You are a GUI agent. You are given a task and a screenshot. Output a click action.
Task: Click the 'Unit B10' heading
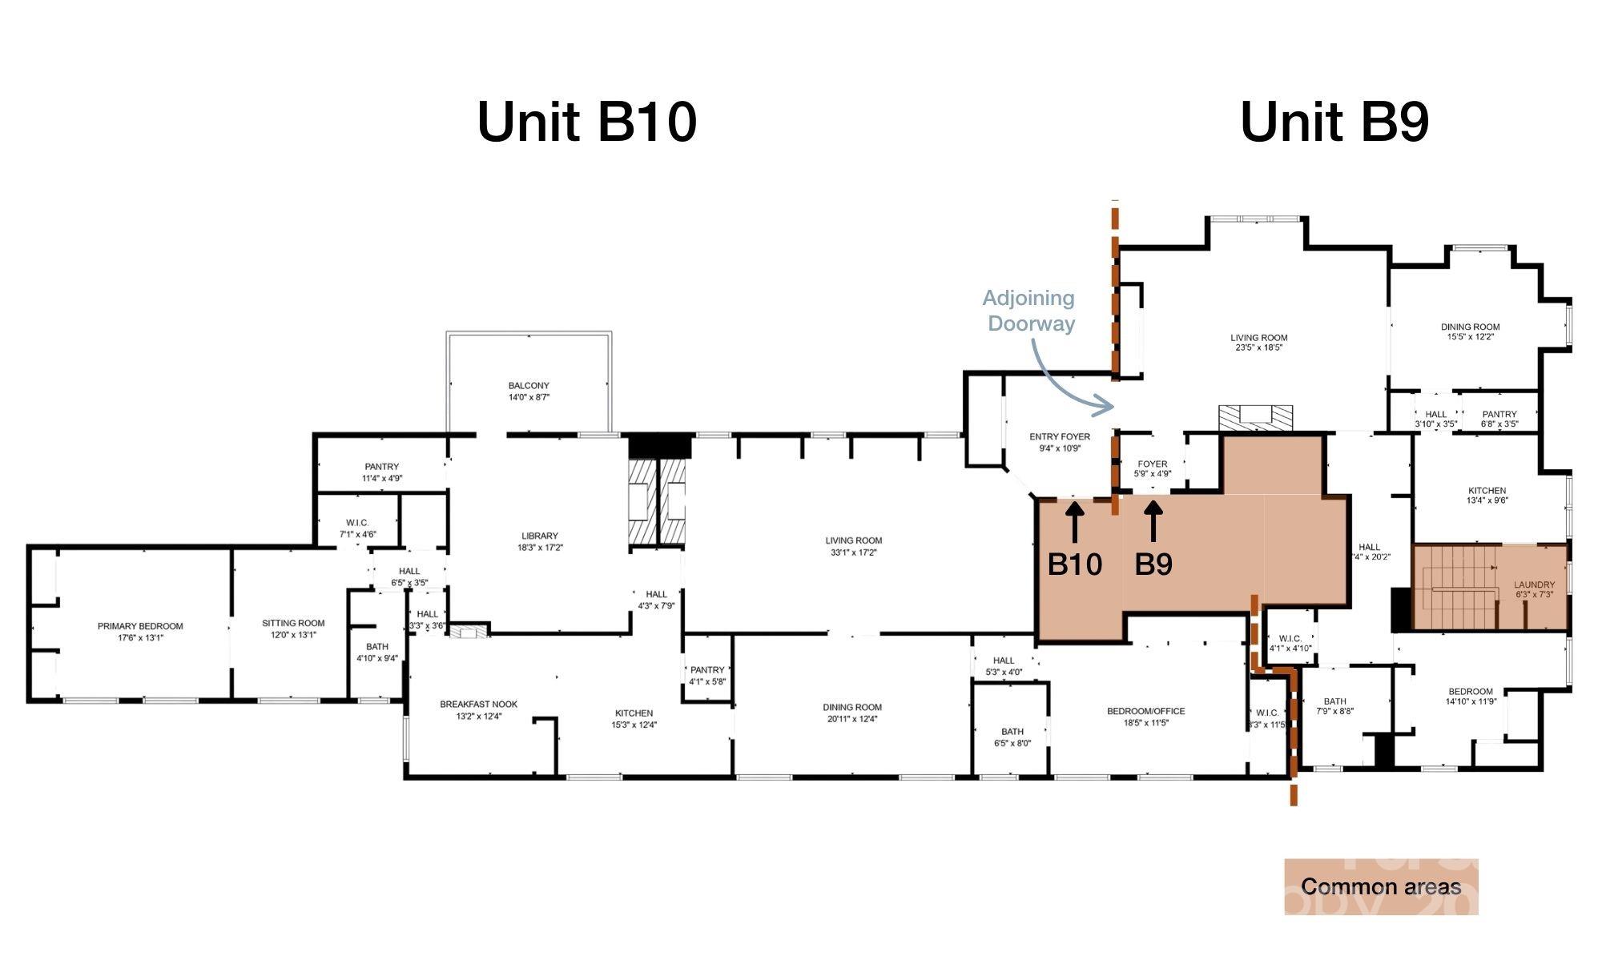[x=587, y=123]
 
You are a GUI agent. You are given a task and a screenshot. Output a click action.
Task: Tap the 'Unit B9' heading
[x=1334, y=123]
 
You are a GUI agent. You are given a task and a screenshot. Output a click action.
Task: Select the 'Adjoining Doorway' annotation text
[x=1029, y=311]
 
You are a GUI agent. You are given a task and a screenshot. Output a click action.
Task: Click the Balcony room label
[x=529, y=392]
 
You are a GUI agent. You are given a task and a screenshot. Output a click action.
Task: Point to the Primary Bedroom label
[x=140, y=632]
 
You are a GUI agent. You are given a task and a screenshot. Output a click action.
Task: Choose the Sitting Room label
[x=293, y=629]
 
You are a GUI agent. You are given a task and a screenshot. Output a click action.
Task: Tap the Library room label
[x=539, y=541]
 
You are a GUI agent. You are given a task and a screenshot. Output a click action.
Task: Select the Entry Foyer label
[x=1060, y=443]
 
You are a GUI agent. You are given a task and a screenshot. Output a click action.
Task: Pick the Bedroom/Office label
[x=1145, y=717]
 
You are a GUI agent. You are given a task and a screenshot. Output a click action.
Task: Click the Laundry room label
[x=1534, y=589]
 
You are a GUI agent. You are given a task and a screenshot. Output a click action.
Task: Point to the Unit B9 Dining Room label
[x=1470, y=331]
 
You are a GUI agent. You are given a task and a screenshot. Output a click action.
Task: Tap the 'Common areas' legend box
[x=1381, y=886]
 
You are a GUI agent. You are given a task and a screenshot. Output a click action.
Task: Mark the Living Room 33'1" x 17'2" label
[x=853, y=546]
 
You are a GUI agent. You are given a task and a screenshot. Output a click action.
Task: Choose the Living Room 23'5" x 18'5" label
[x=1258, y=343]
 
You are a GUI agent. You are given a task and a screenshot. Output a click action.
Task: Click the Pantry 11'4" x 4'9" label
[x=381, y=472]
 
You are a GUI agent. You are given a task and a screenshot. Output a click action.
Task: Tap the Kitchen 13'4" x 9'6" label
[x=1487, y=496]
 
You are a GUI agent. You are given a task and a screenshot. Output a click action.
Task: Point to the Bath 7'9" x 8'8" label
[x=1334, y=706]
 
